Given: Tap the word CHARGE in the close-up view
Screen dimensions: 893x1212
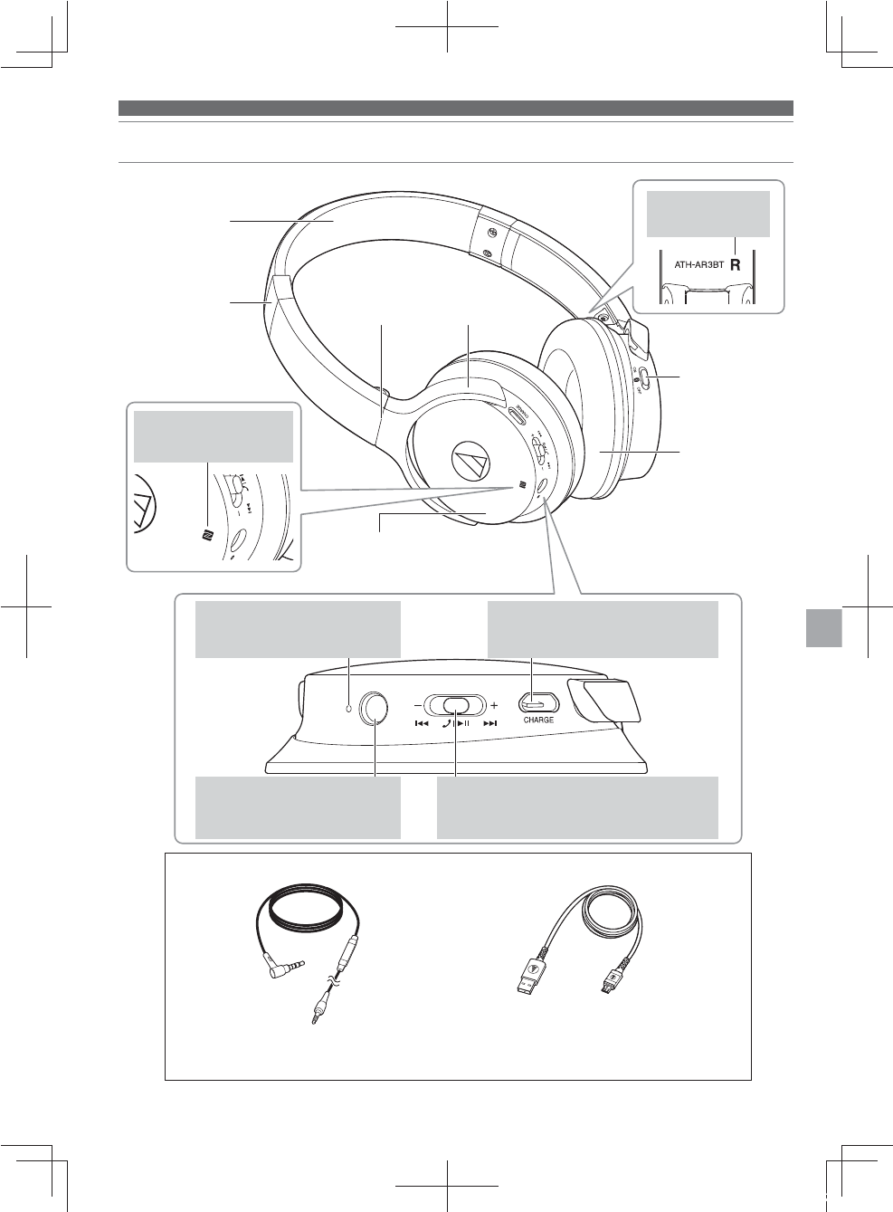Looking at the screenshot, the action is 538,721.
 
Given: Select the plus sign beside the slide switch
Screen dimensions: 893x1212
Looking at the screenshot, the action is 494,704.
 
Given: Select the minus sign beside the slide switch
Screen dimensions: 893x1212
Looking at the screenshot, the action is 417,704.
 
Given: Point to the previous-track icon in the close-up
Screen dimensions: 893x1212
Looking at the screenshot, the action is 421,723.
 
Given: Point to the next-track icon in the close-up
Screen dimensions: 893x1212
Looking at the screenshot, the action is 490,723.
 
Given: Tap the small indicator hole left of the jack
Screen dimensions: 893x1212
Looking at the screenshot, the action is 349,707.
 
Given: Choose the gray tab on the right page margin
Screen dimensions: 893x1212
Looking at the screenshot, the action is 822,627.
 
